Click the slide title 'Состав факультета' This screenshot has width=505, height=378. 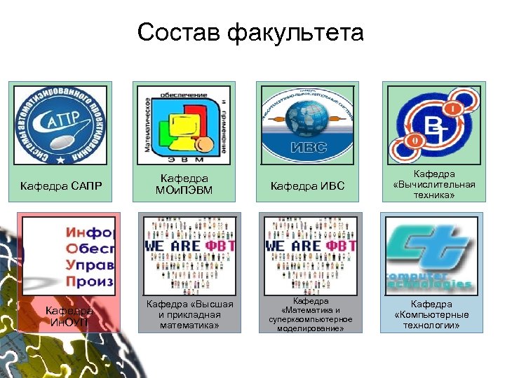tap(251, 32)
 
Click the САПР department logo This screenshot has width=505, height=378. tap(61, 125)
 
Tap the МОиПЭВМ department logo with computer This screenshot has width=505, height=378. tap(183, 125)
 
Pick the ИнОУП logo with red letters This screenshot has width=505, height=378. tap(69, 255)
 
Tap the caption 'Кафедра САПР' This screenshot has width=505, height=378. tap(61, 185)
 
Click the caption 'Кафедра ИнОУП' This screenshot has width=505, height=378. tap(69, 316)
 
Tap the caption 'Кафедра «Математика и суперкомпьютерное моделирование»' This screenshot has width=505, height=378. tap(310, 315)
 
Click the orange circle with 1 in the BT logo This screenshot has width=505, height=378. tap(453, 109)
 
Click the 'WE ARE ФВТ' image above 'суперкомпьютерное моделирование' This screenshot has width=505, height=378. tap(310, 255)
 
